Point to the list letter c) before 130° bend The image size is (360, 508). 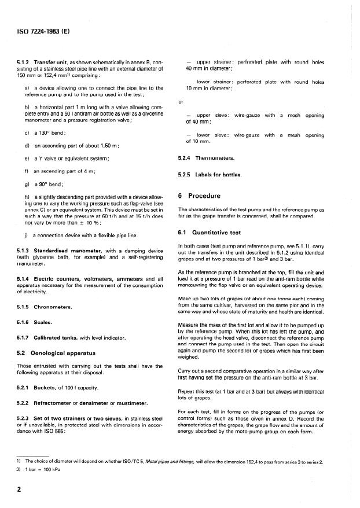coord(27,133)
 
